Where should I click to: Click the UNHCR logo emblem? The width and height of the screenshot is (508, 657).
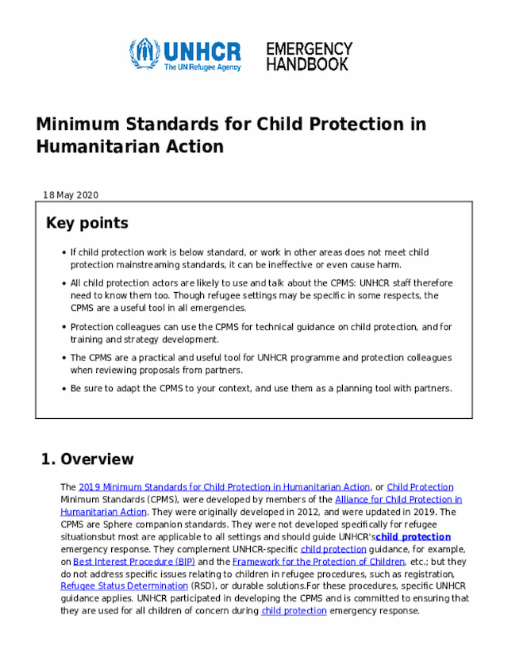(144, 54)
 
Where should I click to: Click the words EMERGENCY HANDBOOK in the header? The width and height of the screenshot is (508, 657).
(308, 56)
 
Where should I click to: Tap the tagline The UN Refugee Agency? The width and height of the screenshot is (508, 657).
(202, 68)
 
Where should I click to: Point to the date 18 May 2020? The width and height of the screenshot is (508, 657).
(71, 195)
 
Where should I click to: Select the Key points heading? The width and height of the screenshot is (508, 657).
(87, 223)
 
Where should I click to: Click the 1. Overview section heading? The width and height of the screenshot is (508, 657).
(87, 459)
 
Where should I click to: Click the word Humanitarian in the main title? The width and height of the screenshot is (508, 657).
(91, 147)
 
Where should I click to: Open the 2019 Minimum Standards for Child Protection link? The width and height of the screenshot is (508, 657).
(225, 487)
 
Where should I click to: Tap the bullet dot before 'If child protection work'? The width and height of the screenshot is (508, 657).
(63, 253)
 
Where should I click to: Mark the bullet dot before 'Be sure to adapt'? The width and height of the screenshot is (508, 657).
(63, 389)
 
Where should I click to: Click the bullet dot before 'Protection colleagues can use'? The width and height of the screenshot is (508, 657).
(63, 327)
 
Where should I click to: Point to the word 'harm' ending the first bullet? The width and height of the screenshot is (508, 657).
(390, 264)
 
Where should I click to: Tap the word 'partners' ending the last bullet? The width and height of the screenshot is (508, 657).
(433, 389)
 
